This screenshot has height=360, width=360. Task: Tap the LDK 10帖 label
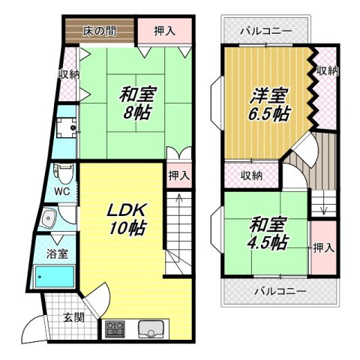tap(124, 217)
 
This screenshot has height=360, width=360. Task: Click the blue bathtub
tap(55, 278)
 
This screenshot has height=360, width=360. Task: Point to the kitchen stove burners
tap(115, 328)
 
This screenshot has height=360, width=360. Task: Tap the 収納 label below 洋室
tap(252, 175)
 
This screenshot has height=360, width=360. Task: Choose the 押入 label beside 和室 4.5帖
tap(322, 247)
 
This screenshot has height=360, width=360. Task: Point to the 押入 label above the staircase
tap(178, 175)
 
